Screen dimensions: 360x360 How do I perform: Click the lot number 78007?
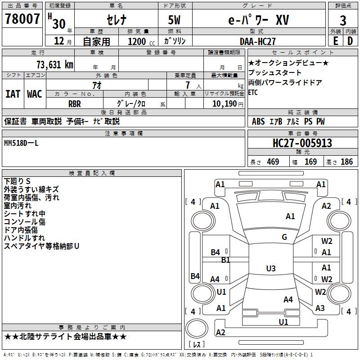[x=22, y=19]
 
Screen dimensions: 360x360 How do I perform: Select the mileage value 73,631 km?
[x=54, y=64]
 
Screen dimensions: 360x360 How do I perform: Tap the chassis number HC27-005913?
[x=302, y=143]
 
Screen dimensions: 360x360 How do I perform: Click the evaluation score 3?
[x=343, y=20]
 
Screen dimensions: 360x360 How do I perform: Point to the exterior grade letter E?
[x=335, y=40]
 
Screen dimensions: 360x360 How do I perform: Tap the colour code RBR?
[x=74, y=103]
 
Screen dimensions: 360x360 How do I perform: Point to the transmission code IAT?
[x=13, y=94]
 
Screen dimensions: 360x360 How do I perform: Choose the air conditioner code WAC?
[x=34, y=94]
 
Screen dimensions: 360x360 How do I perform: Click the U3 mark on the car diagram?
[x=270, y=269]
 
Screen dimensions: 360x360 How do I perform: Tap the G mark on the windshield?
[x=284, y=237]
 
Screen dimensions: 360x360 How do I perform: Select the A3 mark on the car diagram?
[x=320, y=308]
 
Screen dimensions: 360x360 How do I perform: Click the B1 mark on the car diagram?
[x=226, y=260]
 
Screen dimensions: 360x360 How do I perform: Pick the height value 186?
[x=346, y=162]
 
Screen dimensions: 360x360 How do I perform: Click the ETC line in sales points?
[x=254, y=92]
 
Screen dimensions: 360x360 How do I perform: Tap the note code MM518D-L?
[x=21, y=143]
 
